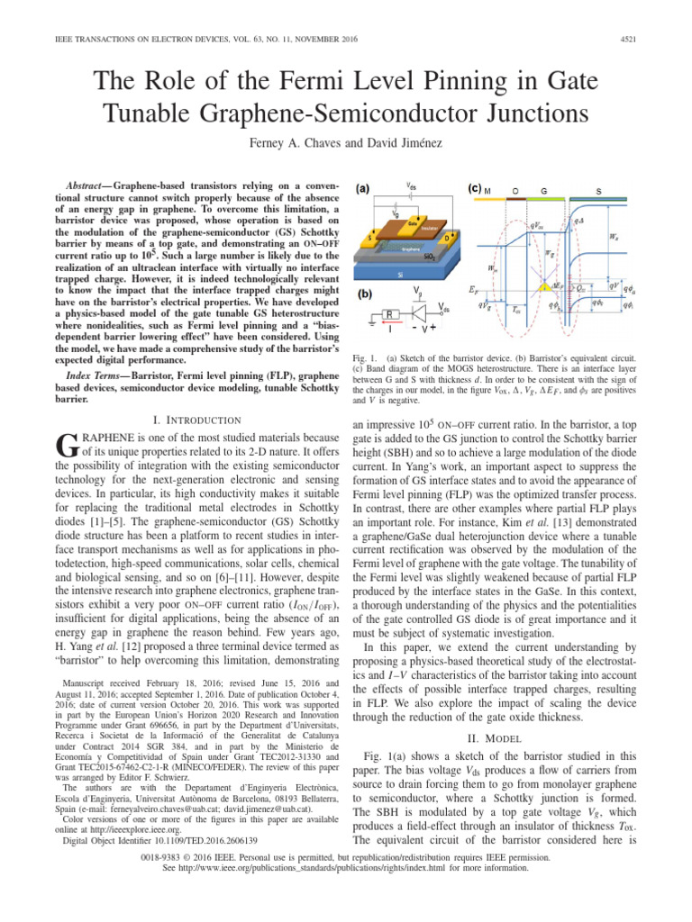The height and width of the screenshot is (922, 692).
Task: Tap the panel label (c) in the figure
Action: (478, 189)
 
